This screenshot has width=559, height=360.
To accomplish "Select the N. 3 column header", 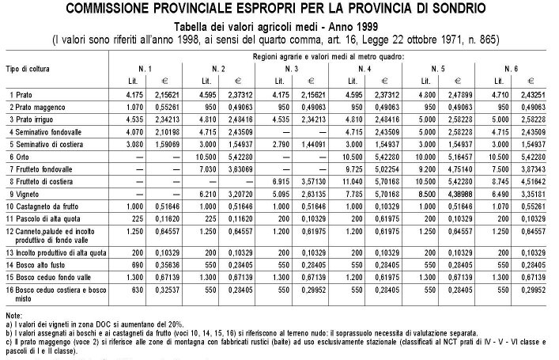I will [x=291, y=70].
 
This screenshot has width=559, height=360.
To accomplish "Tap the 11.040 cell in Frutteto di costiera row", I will [x=361, y=180].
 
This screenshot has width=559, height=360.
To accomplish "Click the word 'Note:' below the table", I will [x=13, y=316].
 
